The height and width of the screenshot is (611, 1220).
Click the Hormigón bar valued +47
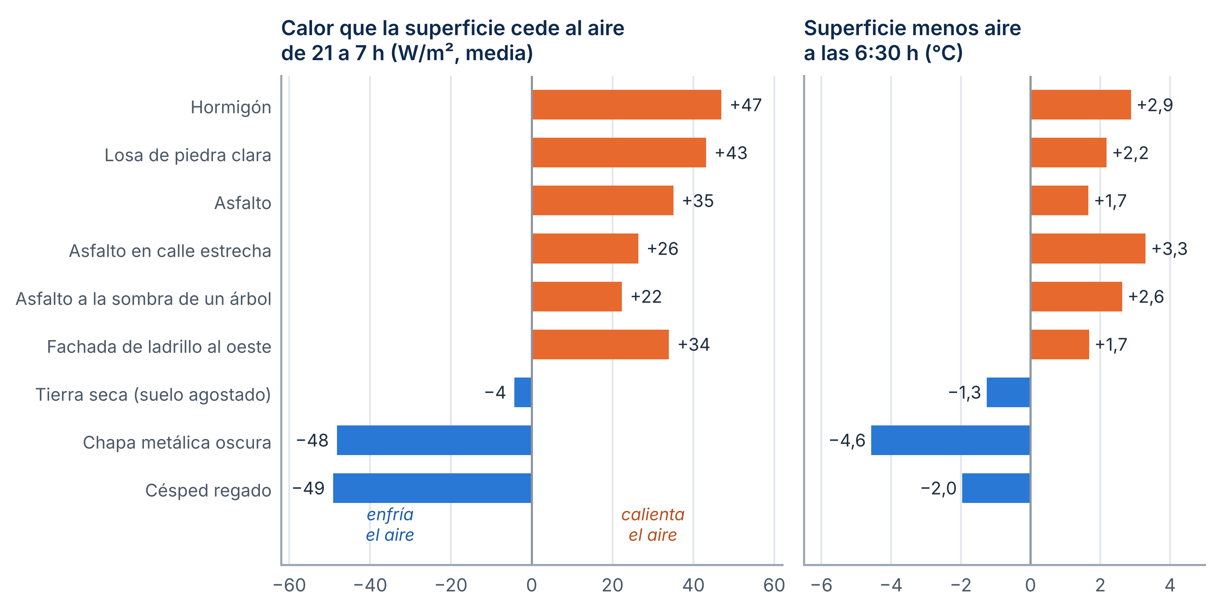627,105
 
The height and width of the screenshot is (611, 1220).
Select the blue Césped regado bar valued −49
432,488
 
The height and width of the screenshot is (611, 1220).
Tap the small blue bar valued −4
523,392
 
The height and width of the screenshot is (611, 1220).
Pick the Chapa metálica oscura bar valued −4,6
950,440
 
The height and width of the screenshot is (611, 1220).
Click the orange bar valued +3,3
1088,248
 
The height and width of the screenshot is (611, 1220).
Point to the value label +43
731,153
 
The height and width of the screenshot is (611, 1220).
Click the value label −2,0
938,488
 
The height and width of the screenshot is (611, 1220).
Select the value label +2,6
1145,296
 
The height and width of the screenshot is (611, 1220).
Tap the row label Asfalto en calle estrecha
170,251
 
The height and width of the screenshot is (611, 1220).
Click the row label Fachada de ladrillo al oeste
159,347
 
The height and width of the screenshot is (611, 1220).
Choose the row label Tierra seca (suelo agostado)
153,394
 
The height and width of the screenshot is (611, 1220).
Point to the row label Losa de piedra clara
188,155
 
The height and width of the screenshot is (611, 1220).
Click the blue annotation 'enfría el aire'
390,524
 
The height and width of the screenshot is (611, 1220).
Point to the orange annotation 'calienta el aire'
653,524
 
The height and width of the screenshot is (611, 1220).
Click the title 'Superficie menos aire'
912,28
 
